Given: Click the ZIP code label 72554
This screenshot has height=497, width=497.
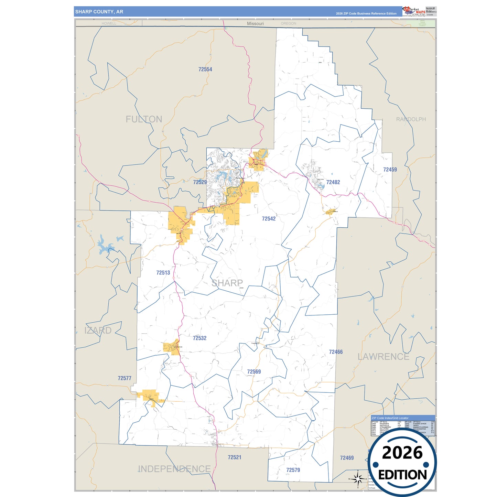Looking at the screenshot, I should coord(205,69).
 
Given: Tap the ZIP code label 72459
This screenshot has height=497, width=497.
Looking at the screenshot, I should coord(390,170).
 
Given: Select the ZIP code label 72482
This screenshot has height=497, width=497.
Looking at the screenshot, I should coord(333,182).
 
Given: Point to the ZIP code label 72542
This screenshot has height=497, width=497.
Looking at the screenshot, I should coord(269,219).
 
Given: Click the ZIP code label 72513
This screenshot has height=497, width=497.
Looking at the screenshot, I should coord(163,273).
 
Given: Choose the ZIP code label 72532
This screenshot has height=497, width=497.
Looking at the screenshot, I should coord(199,338).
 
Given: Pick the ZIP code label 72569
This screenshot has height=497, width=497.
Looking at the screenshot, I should coord(254,372).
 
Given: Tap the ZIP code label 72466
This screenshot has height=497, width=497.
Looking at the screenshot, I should coord(336,352).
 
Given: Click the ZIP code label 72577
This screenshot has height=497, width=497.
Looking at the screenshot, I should coord(125,378).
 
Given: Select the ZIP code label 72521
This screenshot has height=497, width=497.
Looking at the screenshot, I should coord(234,457).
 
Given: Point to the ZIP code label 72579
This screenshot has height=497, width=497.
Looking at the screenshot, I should coord(293,470).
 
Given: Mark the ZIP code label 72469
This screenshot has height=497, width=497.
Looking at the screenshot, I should coord(347,458).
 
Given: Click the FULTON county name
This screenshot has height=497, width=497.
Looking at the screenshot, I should coord(144,119).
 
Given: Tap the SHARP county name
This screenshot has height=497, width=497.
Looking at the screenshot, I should coord(227,283).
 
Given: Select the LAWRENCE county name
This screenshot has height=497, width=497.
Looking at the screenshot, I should coord(383,357).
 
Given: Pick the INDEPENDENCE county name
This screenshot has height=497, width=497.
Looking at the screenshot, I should coord(174,469).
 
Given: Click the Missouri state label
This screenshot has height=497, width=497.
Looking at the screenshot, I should coord(255,23).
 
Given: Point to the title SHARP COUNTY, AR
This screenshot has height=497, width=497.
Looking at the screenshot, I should coord(99,12).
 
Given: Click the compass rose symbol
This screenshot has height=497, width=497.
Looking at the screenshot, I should coord(358,478).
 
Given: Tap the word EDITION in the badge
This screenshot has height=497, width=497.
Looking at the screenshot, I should coord(402,475).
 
